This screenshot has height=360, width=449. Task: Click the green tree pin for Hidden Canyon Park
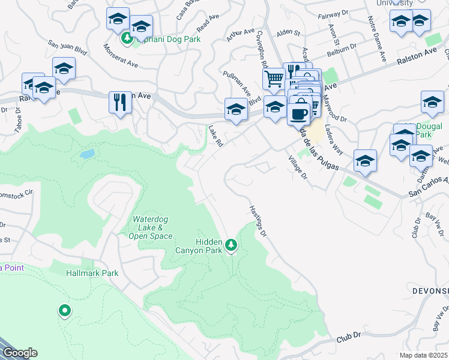click(231, 245)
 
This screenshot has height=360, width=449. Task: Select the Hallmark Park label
click(92, 273)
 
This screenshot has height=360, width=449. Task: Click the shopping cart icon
click(273, 79)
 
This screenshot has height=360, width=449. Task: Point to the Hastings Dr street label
click(257, 221)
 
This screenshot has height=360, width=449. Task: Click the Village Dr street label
click(297, 169)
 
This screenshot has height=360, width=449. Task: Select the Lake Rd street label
click(215, 136)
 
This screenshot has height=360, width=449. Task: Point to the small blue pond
click(87, 154)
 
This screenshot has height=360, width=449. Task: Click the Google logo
click(19, 353)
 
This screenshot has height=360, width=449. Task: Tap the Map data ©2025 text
click(423, 355)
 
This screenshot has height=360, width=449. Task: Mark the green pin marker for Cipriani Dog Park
click(127, 40)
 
